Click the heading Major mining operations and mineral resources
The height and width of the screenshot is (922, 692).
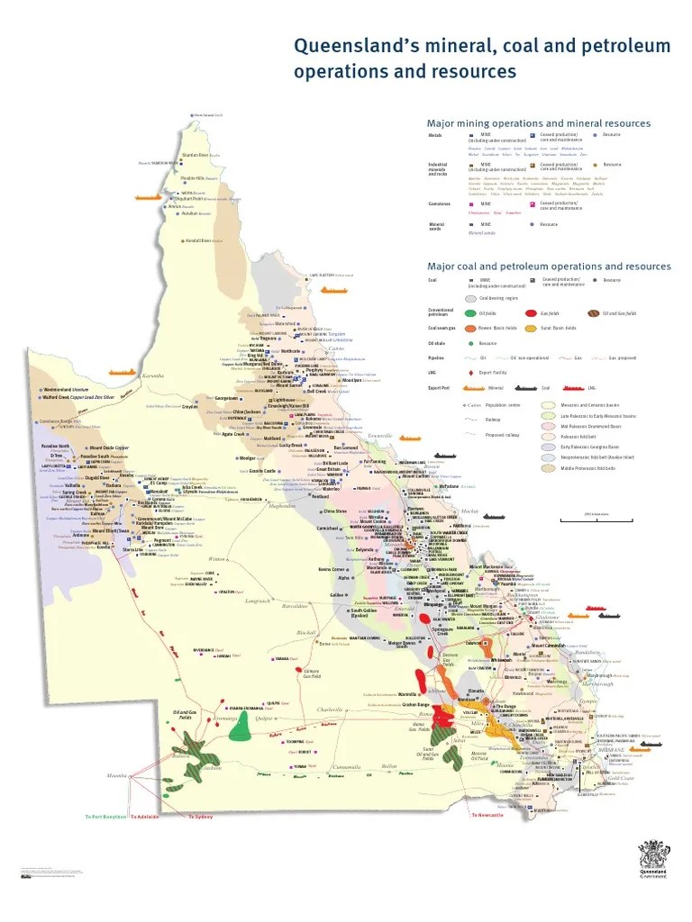click(538, 123)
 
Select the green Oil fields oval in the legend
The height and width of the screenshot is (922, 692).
click(470, 312)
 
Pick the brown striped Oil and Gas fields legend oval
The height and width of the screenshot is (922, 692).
click(593, 312)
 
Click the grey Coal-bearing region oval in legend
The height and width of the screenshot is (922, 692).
click(470, 297)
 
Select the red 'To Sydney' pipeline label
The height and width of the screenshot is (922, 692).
click(200, 816)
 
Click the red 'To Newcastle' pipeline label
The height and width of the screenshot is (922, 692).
click(487, 814)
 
